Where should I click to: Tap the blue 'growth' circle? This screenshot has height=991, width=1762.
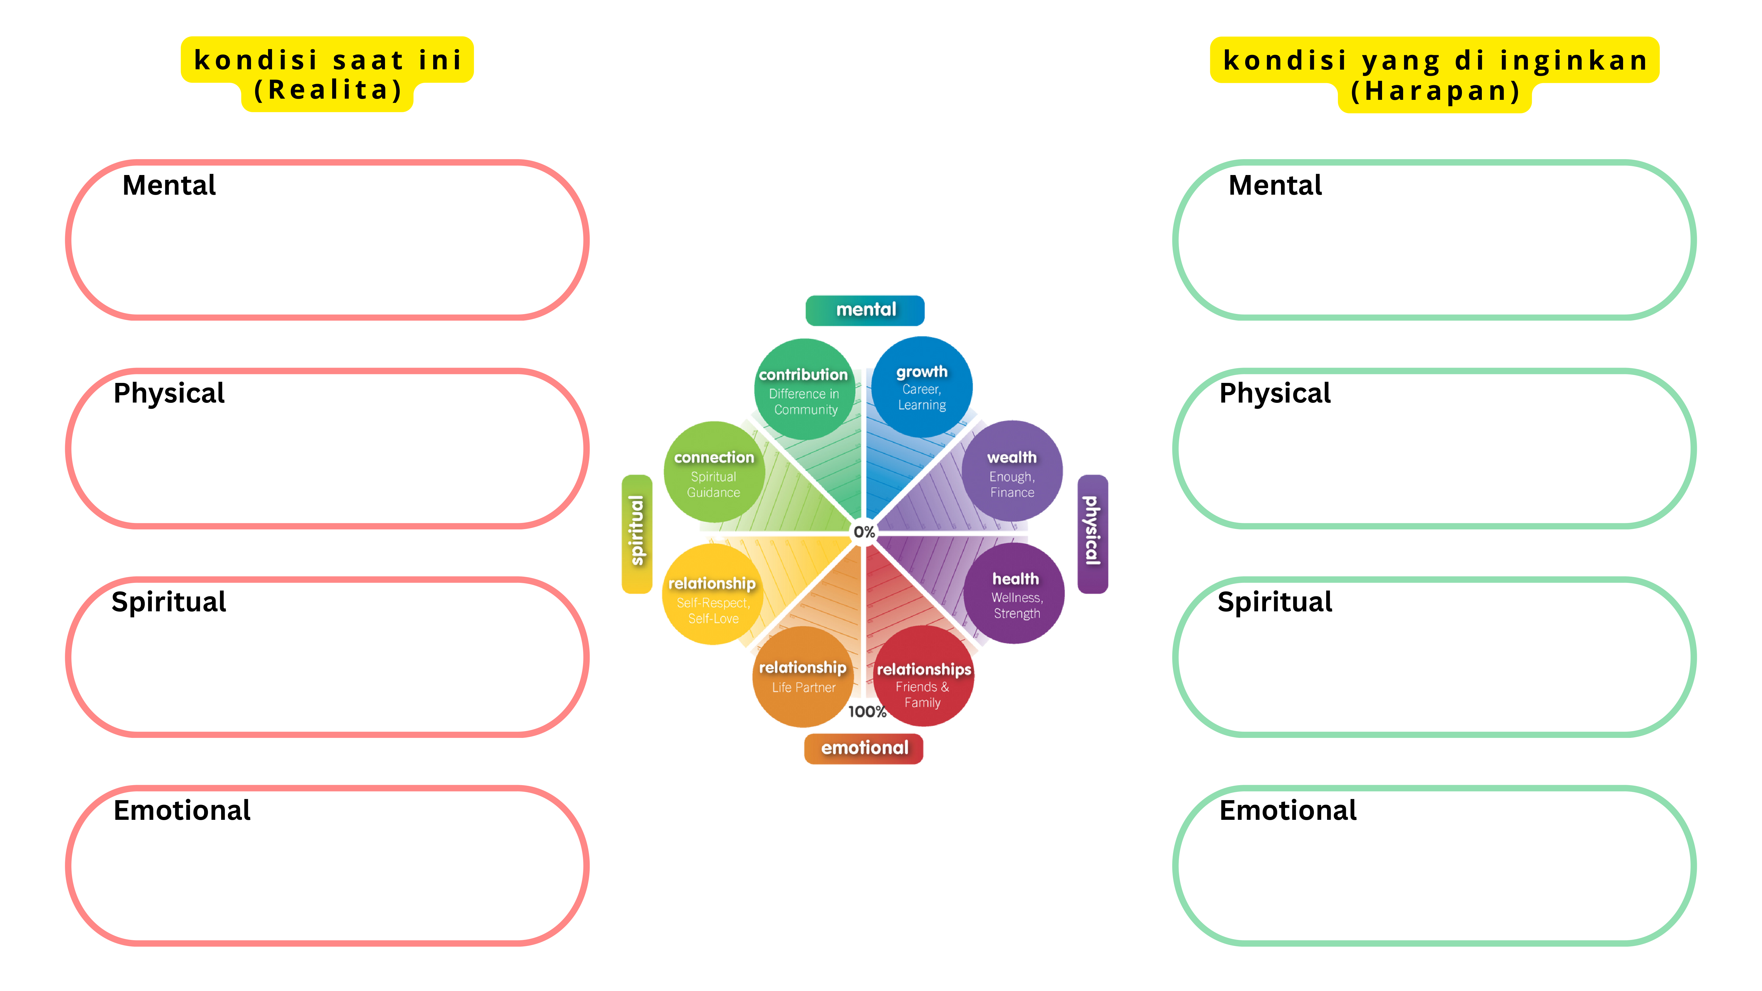point(921,387)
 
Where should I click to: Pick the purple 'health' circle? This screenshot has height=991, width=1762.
point(1014,594)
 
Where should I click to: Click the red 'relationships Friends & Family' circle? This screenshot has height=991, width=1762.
point(923,677)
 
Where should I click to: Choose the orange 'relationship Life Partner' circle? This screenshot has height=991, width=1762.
point(803,677)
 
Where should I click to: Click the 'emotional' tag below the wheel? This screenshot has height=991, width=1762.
point(864,748)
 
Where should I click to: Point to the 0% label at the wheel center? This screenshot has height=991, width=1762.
point(864,532)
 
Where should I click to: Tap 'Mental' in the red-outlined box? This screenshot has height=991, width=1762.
point(169,185)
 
